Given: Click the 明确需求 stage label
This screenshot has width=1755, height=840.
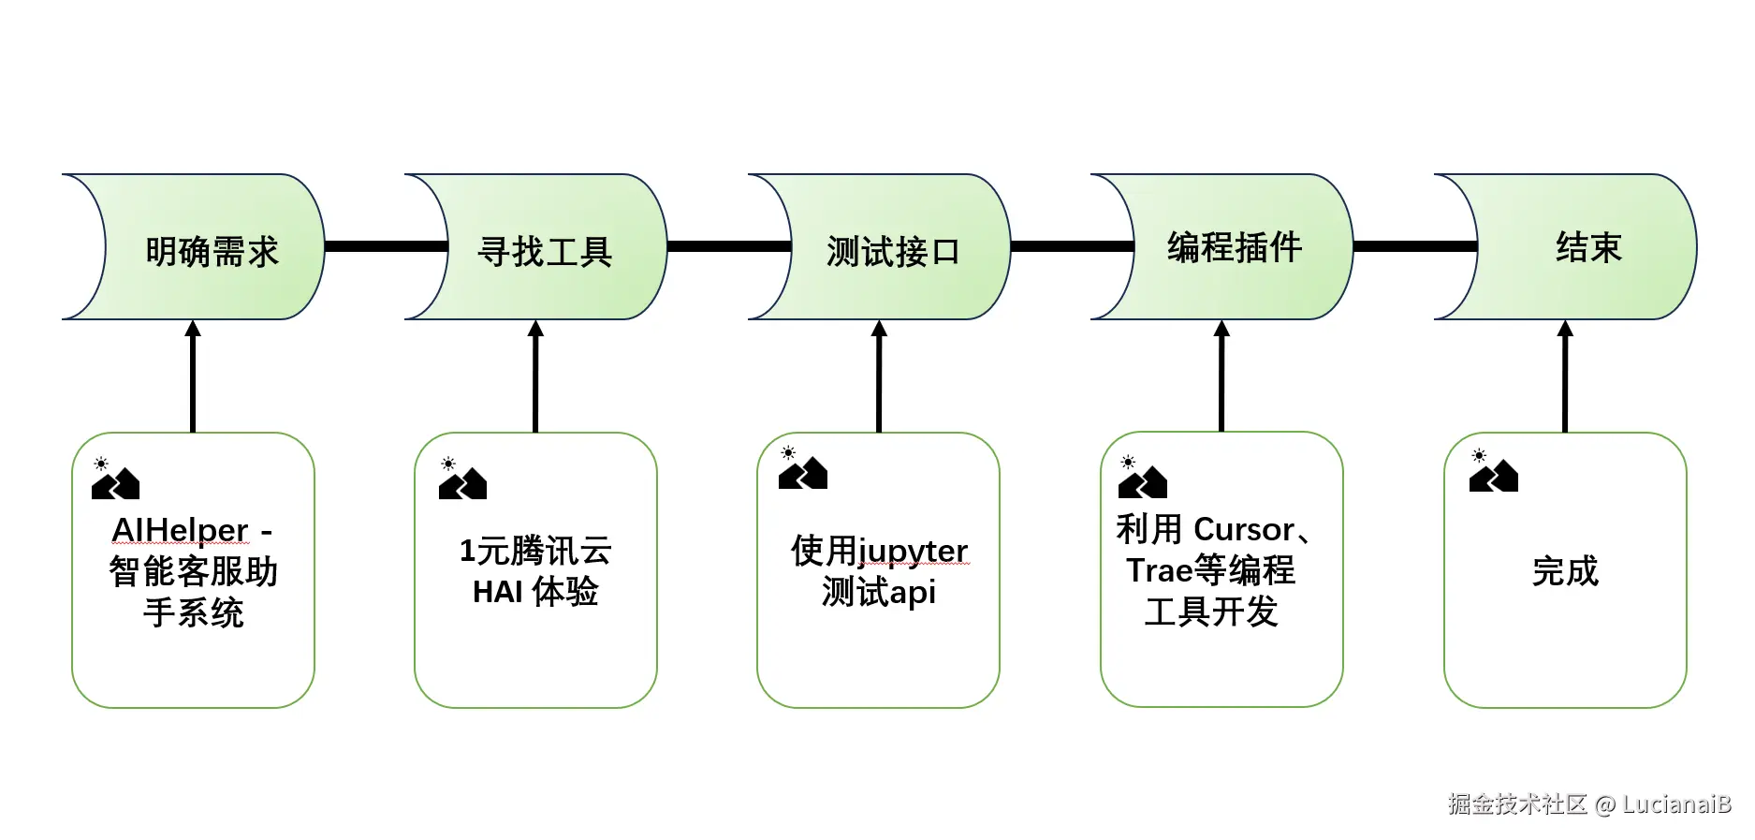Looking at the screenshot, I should [212, 252].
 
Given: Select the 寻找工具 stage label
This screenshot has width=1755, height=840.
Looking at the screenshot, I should [545, 252].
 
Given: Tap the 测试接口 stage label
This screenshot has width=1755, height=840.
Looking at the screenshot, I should [893, 252].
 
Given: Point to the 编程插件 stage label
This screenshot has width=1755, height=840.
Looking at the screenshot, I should [1234, 248].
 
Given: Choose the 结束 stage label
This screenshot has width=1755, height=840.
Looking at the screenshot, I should [1587, 248].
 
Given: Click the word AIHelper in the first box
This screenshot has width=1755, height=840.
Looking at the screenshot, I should [180, 530].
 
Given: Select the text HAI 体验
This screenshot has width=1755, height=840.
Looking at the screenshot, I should [535, 592].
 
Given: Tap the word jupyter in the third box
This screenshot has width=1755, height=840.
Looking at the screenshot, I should [913, 552].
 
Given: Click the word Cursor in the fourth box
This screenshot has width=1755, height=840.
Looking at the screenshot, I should [1245, 530].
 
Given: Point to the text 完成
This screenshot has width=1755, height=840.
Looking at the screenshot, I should [1565, 571].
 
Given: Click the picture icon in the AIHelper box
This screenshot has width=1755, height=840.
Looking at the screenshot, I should [114, 479].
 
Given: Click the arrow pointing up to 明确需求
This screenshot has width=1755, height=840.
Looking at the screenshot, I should [193, 375].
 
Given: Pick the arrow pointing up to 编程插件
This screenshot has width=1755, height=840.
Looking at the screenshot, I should [1221, 375].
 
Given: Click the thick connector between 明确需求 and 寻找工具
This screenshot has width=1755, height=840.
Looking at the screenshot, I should [386, 246].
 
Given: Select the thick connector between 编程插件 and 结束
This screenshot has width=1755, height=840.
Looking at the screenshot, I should [1414, 246].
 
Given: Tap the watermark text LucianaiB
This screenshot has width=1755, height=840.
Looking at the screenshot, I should [1675, 804].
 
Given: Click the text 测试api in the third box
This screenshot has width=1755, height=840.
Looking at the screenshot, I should [878, 593].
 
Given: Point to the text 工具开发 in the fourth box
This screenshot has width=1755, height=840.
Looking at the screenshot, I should [1211, 612].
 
